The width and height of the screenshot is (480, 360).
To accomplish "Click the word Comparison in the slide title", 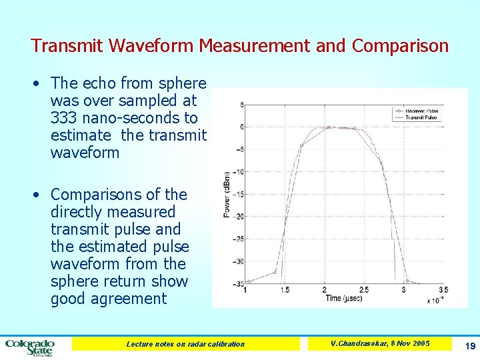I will pyautogui.click(x=400, y=46).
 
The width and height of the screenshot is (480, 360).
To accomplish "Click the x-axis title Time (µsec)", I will pyautogui.click(x=343, y=299).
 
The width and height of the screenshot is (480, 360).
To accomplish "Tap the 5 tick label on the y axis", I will pyautogui.click(x=241, y=105).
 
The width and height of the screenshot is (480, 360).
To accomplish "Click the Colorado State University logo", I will pyautogui.click(x=29, y=347).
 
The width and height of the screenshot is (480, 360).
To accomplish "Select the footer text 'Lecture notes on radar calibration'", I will pyautogui.click(x=185, y=344).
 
